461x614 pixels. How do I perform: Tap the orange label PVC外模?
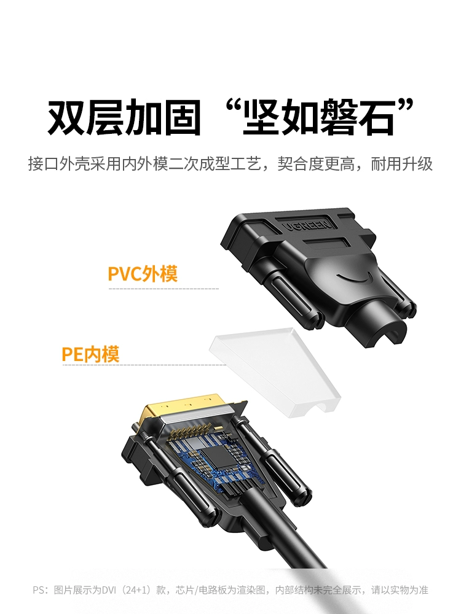[143, 274]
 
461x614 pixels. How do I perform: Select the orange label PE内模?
[90, 354]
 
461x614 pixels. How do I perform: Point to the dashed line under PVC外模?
[164, 289]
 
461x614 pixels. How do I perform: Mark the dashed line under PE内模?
[144, 365]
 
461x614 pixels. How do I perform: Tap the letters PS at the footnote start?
[39, 589]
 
